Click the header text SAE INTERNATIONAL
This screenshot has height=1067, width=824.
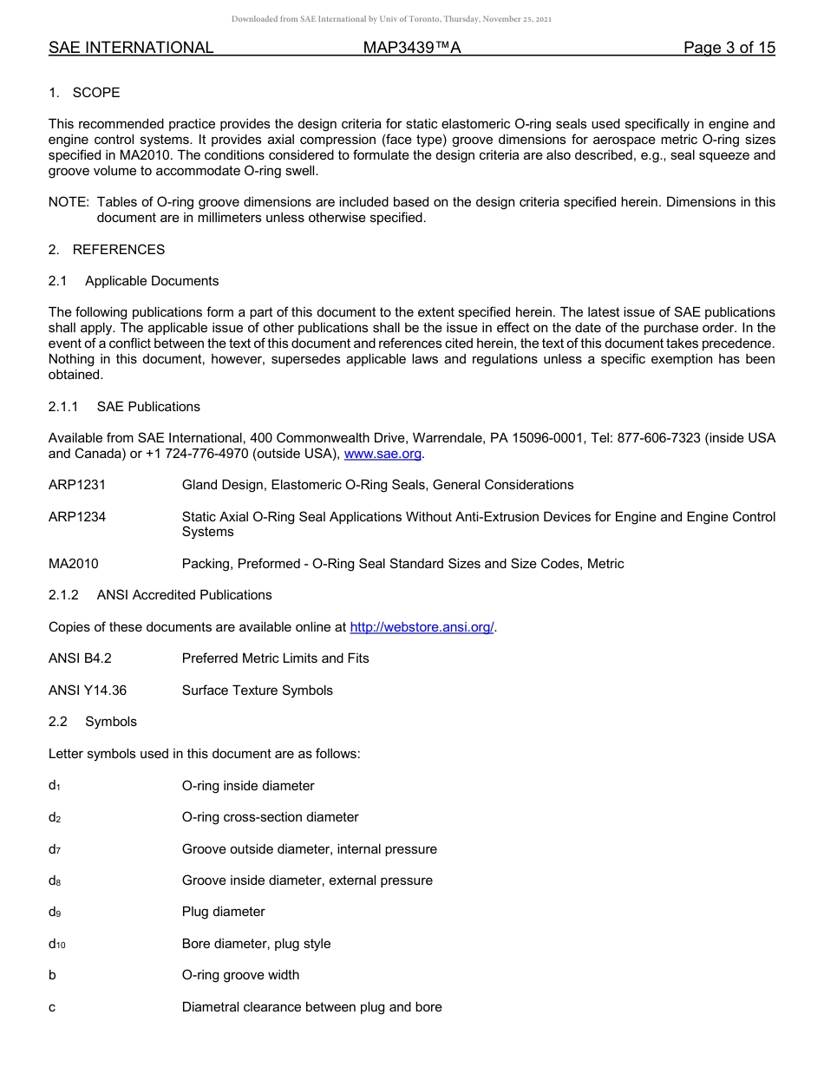coord(131,48)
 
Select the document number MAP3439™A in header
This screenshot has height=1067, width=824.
coord(411,48)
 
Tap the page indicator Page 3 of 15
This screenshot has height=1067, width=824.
coord(729,48)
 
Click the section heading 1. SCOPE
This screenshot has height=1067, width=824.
coord(84,93)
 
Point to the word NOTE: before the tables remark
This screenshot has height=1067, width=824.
coord(69,202)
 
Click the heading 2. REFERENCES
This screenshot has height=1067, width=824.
coord(107,250)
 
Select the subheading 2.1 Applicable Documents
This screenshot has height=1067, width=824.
coord(134,281)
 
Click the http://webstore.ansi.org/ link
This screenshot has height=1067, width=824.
coord(421,627)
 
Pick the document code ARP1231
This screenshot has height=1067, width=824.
coord(77,485)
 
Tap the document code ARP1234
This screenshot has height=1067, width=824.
coord(77,517)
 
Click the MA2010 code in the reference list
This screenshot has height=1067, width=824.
coord(74,564)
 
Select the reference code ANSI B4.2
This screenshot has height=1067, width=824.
coord(80,658)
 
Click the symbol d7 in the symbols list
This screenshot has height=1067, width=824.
coord(55,849)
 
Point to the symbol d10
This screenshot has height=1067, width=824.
coord(57,944)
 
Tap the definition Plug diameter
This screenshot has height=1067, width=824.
coord(223,912)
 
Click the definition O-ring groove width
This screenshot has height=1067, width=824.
coord(240,975)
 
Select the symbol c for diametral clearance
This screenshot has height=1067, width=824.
coord(52,1007)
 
